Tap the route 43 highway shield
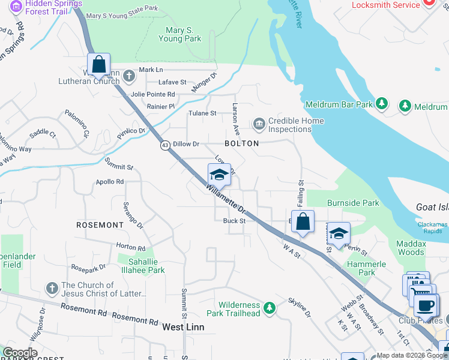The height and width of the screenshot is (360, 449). click(164, 145)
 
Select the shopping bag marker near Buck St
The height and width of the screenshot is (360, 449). click(303, 221)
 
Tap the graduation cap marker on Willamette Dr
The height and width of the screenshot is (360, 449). click(219, 175)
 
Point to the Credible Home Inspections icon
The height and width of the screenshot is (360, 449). click(259, 125)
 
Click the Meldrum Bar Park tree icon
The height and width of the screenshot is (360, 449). click(381, 104)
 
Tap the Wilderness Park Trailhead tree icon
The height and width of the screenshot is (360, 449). click(270, 308)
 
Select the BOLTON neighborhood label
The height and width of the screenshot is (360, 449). click(241, 143)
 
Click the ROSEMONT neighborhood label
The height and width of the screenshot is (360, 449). click(100, 224)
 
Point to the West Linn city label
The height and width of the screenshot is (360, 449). click(183, 327)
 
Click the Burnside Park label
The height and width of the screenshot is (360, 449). click(352, 203)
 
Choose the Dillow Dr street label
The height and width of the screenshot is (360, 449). click(185, 144)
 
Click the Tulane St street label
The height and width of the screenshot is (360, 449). click(202, 113)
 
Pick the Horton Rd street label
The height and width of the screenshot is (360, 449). click(131, 247)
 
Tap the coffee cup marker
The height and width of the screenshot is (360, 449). click(426, 305)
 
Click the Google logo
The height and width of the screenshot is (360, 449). click(20, 353)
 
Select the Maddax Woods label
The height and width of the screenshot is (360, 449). click(411, 248)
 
